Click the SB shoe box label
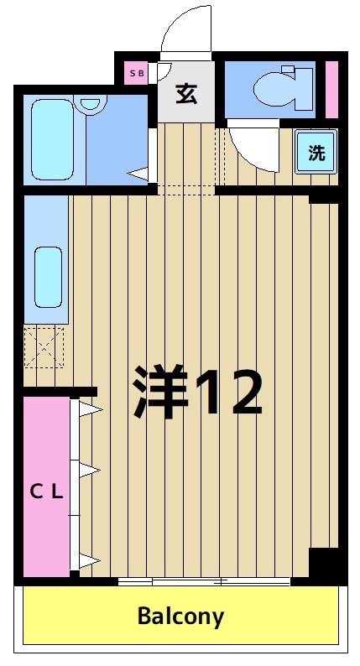(136, 73)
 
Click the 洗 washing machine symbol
(316, 152)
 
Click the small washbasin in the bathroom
(91, 104)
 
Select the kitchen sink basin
(48, 277)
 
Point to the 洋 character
(160, 391)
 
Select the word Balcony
(180, 617)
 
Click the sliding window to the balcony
(203, 581)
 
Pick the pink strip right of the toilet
(331, 88)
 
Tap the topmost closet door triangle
(90, 409)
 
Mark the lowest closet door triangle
(90, 561)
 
